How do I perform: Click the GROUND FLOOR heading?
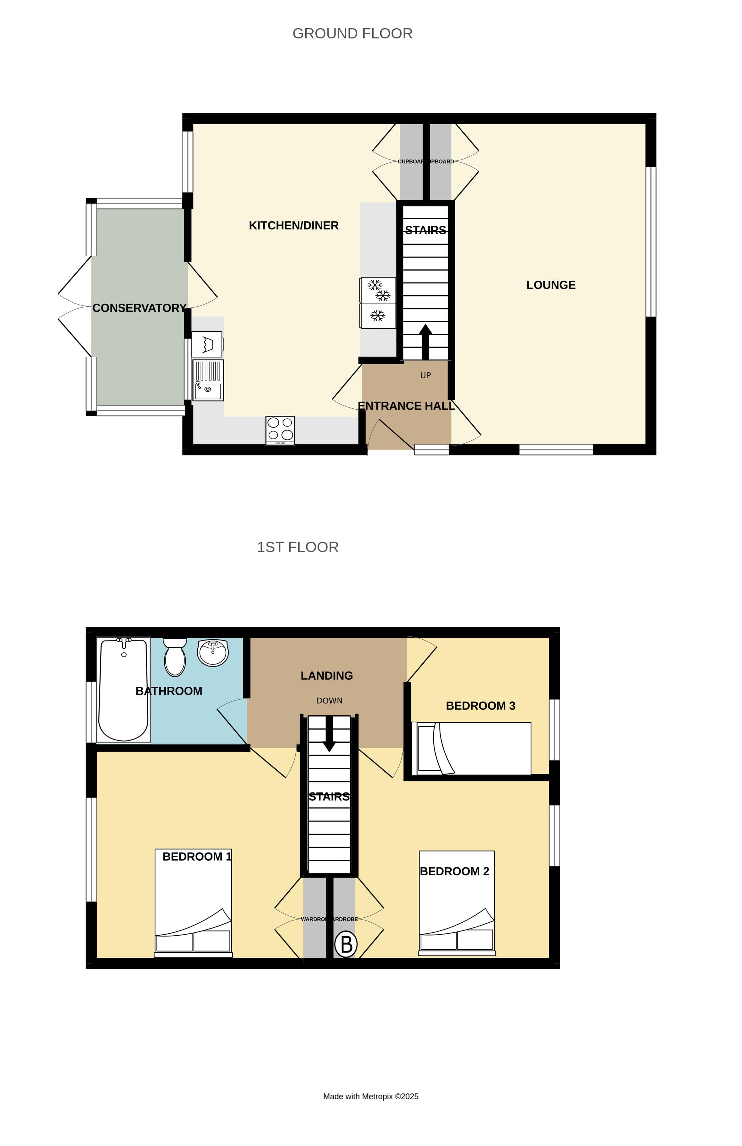(x=352, y=34)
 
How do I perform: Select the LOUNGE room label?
(x=550, y=285)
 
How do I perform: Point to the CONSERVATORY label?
(x=139, y=308)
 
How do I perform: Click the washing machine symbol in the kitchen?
(x=207, y=344)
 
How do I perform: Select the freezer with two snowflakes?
(x=378, y=290)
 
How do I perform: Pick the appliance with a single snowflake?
(x=378, y=316)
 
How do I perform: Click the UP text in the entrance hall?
(x=425, y=376)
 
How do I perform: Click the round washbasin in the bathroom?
(x=213, y=653)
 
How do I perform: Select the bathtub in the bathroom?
(x=123, y=690)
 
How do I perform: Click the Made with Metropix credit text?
(x=370, y=1096)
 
